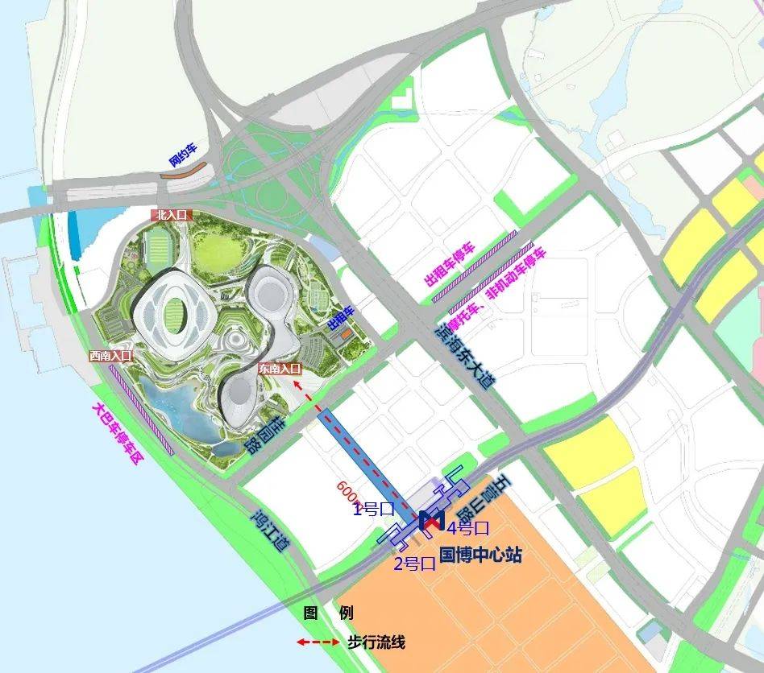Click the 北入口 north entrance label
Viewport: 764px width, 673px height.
172,215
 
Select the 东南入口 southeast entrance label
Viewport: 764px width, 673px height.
279,369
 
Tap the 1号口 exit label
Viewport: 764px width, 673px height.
372,508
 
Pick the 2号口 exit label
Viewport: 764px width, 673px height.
414,564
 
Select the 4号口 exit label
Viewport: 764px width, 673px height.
469,529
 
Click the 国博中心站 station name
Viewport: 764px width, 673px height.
481,555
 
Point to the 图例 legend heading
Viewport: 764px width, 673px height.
328,613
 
